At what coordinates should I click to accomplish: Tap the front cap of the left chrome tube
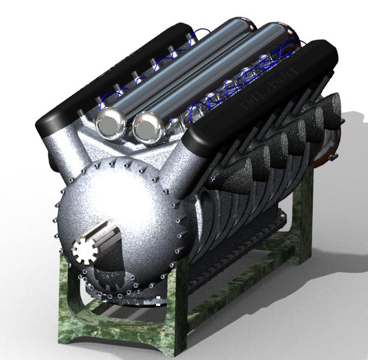pyautogui.click(x=110, y=123)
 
